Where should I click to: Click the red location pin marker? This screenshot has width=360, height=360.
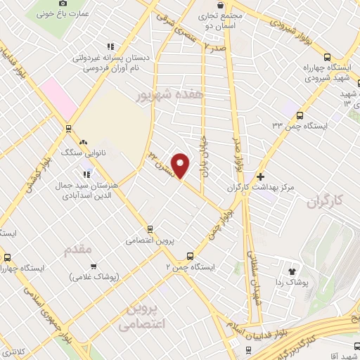click(181, 166)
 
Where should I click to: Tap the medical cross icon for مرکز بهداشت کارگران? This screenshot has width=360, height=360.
click(262, 176)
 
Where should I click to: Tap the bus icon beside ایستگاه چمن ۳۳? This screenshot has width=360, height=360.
click(300, 117)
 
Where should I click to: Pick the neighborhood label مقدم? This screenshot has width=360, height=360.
click(79, 249)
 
